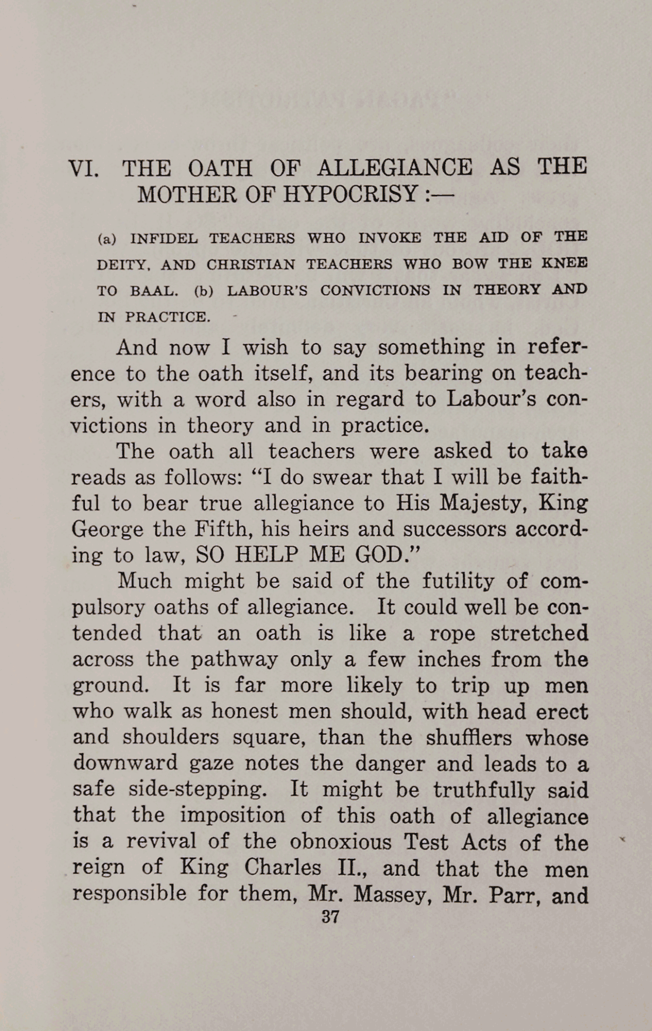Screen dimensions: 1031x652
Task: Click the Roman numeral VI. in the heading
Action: (x=84, y=169)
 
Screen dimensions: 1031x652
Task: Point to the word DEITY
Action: (x=124, y=265)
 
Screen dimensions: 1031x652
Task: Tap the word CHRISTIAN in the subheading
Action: (x=250, y=265)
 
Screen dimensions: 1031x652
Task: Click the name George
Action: (x=107, y=530)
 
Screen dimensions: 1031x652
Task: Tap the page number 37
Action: (x=330, y=917)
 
